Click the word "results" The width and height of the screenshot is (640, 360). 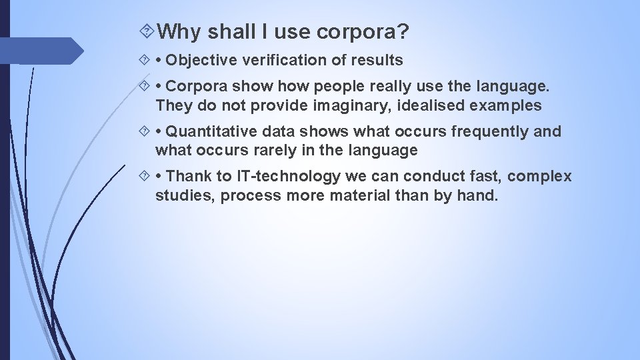click(x=376, y=61)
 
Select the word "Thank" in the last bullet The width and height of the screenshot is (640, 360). click(x=187, y=177)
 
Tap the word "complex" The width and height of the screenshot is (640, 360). click(x=541, y=177)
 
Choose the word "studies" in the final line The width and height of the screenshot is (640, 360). click(x=184, y=195)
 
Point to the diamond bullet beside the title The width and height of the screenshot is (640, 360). click(x=148, y=31)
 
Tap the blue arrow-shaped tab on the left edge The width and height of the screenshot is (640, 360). click(x=40, y=51)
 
